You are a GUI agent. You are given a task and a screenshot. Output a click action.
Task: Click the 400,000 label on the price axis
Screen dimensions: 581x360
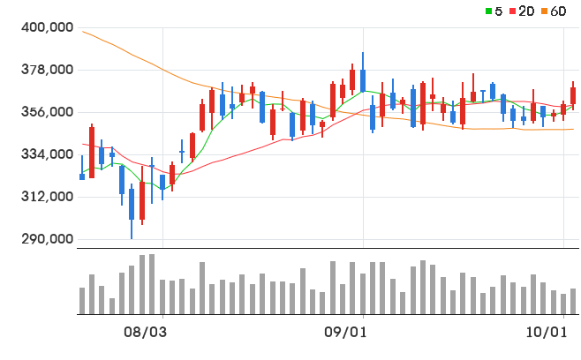point(47,27)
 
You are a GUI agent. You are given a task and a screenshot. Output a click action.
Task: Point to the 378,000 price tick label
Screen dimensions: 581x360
point(47,70)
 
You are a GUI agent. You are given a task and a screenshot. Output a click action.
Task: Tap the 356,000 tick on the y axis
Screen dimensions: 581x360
point(47,112)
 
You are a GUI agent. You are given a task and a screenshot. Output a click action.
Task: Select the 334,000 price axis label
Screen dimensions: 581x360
point(47,154)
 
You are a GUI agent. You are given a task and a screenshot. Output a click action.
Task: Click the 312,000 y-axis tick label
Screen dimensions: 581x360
point(47,196)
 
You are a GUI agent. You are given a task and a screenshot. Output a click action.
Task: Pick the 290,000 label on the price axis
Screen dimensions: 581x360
point(47,239)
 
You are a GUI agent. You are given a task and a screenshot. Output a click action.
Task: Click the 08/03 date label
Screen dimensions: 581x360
point(145,333)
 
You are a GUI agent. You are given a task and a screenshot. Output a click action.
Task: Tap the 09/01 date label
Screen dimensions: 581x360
point(345,333)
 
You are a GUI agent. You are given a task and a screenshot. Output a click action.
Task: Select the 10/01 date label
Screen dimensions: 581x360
point(547,333)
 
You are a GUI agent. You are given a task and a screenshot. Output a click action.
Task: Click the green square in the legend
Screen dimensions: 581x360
point(489,11)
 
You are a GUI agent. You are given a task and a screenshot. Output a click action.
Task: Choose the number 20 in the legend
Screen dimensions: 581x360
point(526,11)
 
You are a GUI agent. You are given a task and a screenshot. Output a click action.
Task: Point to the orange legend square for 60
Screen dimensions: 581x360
point(544,11)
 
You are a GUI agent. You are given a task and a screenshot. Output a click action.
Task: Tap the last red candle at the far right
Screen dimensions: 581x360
point(573,95)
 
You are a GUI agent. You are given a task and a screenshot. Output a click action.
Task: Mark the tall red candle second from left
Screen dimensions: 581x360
point(92,153)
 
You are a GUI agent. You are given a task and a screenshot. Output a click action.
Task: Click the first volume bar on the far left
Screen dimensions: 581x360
point(82,301)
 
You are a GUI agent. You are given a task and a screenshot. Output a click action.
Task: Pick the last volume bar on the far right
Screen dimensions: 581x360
point(573,301)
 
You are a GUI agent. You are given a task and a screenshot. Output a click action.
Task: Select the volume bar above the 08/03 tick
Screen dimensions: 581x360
point(162,296)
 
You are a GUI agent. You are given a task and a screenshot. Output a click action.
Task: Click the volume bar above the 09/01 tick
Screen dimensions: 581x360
point(363,294)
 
